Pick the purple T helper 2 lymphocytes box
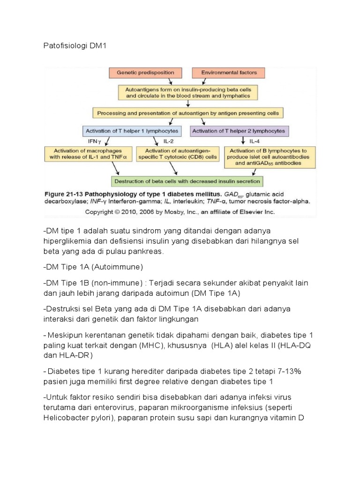point(240,130)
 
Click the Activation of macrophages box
point(89,154)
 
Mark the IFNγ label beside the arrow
point(95,141)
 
